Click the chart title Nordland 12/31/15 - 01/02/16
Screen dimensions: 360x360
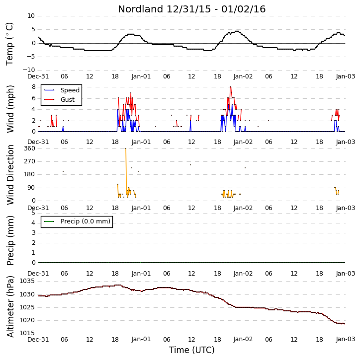(x=192, y=9)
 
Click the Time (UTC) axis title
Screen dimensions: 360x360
(x=192, y=350)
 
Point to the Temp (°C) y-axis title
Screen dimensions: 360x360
(x=9, y=44)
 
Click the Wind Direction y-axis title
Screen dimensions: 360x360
(x=10, y=175)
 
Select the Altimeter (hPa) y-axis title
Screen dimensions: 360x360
(x=10, y=306)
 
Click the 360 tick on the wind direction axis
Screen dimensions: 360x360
(x=30, y=148)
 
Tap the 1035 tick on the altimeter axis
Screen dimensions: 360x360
(x=27, y=281)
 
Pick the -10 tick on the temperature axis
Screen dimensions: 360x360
(x=29, y=70)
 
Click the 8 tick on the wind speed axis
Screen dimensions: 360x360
(x=34, y=87)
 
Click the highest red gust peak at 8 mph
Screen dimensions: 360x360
(x=230, y=87)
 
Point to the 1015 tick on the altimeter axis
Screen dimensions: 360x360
(x=27, y=333)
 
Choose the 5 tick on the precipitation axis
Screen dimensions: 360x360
(x=33, y=213)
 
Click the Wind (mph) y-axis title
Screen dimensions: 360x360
(x=10, y=109)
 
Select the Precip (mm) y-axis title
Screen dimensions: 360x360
(x=10, y=240)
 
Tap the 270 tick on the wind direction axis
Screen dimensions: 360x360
(x=30, y=161)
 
